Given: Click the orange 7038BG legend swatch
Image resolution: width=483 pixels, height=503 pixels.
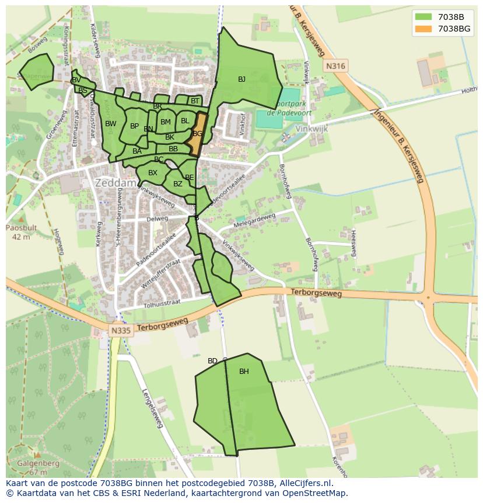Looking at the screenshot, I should tap(423, 29).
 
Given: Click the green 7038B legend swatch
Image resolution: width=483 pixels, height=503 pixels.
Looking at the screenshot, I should tap(423, 16).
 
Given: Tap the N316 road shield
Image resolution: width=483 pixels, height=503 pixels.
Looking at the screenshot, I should tap(335, 67).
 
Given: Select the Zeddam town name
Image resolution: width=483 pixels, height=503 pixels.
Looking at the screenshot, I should tap(116, 183).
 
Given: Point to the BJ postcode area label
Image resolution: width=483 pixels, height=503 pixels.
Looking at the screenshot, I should tap(242, 79).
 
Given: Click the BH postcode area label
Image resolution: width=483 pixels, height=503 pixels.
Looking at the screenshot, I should tap(244, 372).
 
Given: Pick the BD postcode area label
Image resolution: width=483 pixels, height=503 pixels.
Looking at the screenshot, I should tap(212, 361).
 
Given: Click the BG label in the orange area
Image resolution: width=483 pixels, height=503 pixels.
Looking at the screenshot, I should tap(198, 134).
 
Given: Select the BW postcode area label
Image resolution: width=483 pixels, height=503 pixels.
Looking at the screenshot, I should tap(111, 124).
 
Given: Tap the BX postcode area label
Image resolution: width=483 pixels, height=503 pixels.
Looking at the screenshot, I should tap(153, 173).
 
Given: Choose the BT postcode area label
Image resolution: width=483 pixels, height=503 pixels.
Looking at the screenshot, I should tap(195, 101).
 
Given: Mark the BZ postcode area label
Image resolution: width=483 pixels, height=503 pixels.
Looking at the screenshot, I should tap(178, 185).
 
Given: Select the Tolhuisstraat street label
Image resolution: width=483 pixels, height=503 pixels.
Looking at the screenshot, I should tap(162, 303).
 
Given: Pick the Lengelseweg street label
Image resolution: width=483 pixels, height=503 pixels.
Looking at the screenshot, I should tap(151, 409).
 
